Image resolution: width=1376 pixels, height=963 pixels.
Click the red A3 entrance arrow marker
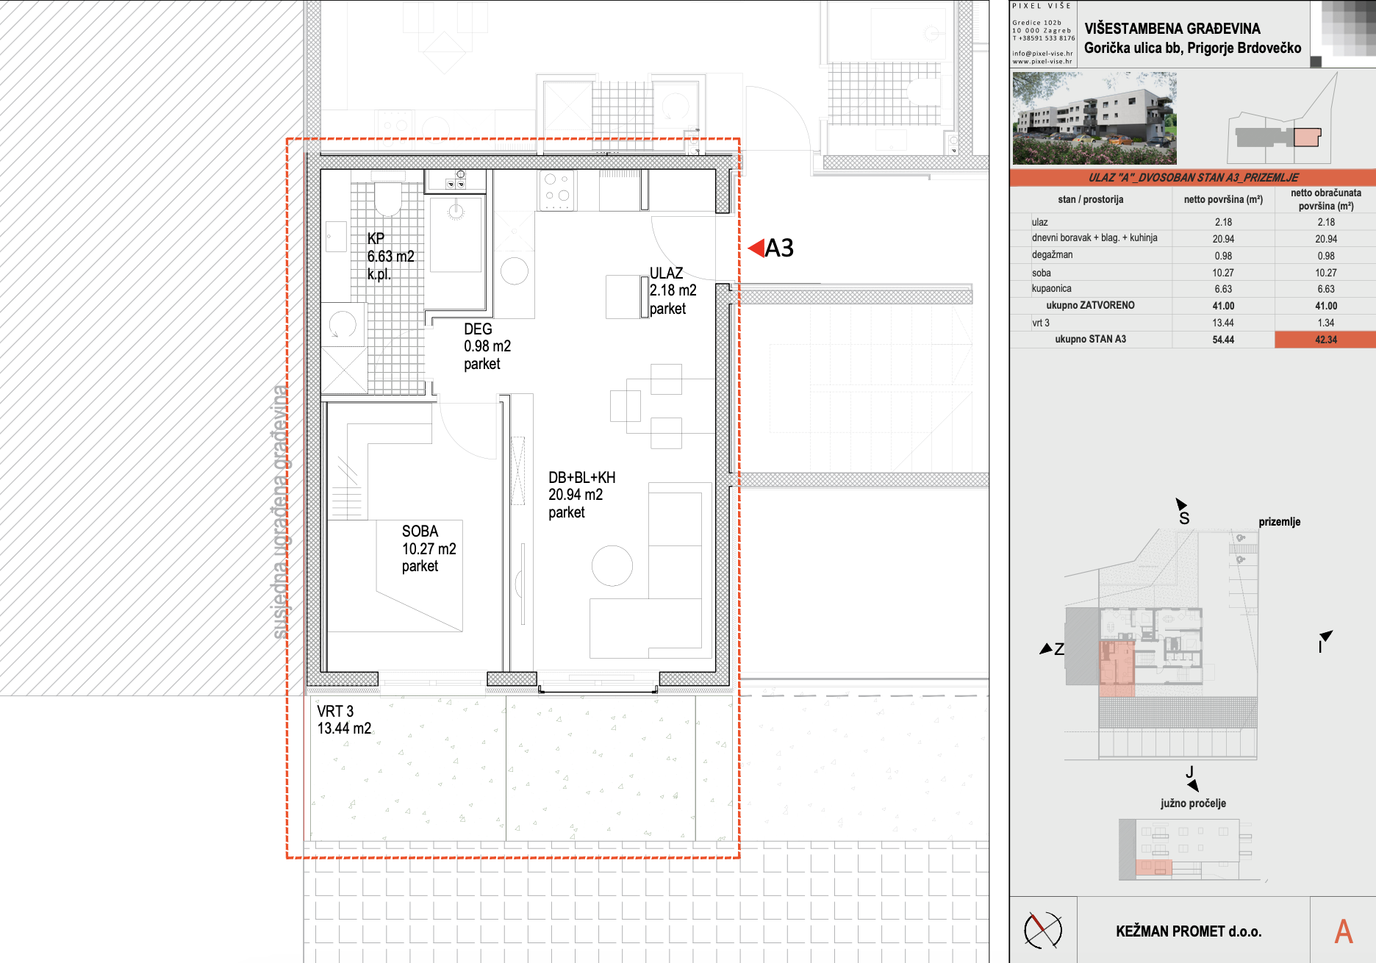tap(756, 248)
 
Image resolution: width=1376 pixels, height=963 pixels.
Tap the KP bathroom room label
tap(390, 257)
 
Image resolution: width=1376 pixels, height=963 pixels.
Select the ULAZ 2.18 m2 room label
tap(673, 291)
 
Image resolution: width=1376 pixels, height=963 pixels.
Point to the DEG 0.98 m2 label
tap(487, 346)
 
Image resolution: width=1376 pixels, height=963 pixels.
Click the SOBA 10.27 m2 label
tap(429, 548)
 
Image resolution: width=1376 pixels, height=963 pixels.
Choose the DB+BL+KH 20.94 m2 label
tap(581, 495)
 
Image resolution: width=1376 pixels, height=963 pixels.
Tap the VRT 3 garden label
tap(344, 720)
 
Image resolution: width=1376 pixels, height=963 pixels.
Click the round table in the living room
tap(612, 566)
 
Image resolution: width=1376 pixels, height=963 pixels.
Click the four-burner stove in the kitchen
tap(556, 190)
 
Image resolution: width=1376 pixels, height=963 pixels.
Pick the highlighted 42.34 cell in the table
tap(1325, 340)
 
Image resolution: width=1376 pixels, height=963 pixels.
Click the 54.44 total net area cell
tap(1223, 340)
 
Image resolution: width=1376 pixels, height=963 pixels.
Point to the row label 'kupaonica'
tap(1051, 289)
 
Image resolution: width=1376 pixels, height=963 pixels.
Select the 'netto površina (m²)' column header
tap(1223, 199)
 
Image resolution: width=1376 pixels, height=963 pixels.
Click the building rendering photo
tap(1094, 118)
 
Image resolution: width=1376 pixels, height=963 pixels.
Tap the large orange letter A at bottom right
tap(1344, 931)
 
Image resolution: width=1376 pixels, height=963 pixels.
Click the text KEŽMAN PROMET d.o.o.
tap(1189, 931)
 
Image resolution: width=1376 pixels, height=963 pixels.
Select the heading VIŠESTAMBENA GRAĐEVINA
tap(1172, 29)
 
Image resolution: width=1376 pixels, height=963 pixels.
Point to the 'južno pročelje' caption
tap(1193, 803)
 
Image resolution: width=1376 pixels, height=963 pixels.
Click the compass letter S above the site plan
tap(1184, 518)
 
